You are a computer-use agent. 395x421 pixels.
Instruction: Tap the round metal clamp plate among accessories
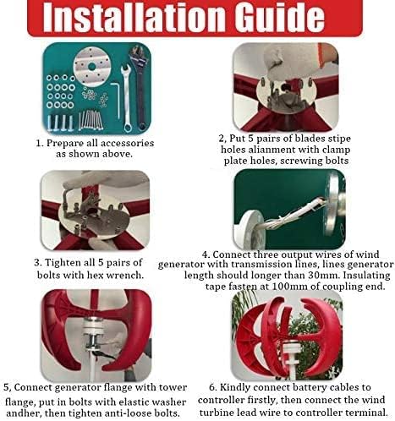91,67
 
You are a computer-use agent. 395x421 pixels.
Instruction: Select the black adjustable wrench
139,86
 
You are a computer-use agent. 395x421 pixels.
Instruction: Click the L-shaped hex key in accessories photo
116,100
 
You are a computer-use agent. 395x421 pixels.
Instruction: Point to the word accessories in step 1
127,143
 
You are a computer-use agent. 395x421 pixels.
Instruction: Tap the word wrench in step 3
128,275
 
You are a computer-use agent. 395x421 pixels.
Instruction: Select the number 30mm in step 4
321,275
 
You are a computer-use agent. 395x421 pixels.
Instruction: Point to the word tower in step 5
173,387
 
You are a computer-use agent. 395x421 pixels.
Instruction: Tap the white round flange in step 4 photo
249,230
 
